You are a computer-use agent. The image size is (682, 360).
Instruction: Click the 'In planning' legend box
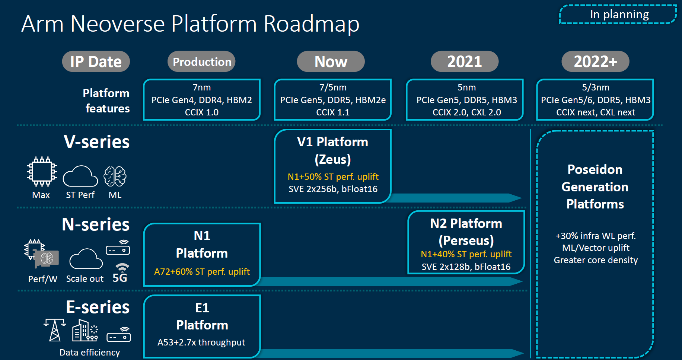point(618,15)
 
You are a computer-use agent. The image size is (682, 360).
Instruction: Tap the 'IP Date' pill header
point(96,61)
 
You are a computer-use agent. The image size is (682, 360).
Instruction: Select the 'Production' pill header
point(202,61)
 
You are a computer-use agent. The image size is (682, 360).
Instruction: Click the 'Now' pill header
point(331,61)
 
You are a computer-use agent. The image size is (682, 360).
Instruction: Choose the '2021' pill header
point(465,61)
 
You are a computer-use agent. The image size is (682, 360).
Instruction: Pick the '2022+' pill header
point(595,61)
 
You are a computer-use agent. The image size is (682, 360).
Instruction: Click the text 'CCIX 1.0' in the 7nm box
point(202,112)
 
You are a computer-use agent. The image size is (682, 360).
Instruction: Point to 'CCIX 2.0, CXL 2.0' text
point(466,112)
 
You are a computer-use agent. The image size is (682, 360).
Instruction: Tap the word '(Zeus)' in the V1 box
point(333,159)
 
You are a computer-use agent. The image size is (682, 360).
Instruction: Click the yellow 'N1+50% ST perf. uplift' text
point(333,176)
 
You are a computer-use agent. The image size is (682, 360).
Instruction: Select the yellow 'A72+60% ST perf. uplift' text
point(202,271)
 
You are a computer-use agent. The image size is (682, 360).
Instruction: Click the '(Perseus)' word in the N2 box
point(466,240)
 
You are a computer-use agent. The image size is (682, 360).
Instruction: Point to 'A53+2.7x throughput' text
point(201,342)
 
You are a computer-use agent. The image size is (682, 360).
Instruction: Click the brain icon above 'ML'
point(115,176)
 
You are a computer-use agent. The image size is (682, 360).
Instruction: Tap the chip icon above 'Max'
point(42,172)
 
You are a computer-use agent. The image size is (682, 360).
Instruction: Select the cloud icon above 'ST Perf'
point(80,176)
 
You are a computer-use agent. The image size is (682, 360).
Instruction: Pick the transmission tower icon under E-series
point(55,330)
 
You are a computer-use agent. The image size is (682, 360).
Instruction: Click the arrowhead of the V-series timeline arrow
point(515,198)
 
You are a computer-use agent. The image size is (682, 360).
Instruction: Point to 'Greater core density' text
point(596,260)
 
